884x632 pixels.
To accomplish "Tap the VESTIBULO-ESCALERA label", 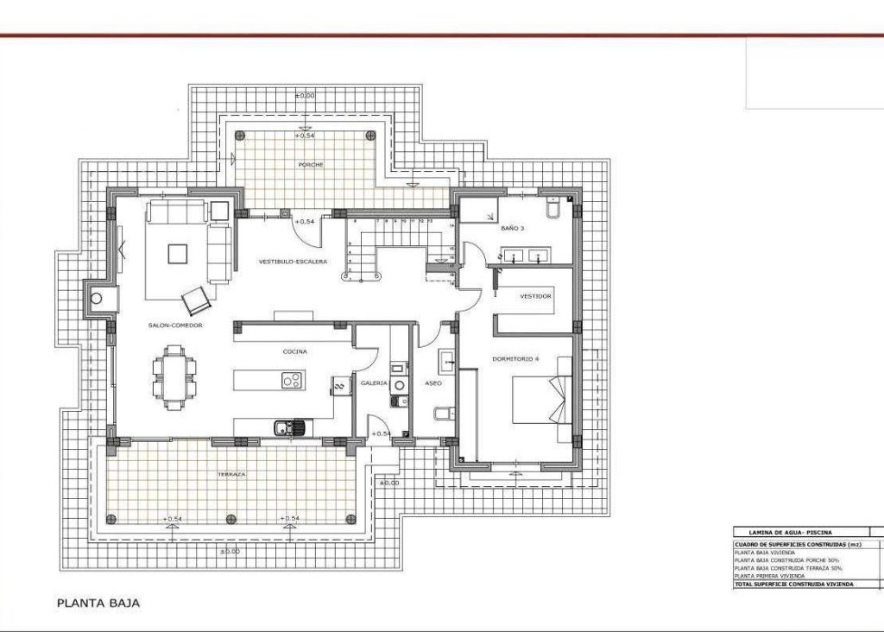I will (x=293, y=262).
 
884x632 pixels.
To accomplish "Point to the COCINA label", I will (x=295, y=352).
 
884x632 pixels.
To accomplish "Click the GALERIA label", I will (x=373, y=382).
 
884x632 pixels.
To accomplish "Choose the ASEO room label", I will (x=433, y=382).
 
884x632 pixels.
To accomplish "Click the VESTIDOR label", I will (x=535, y=296).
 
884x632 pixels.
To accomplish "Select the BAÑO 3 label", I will (x=511, y=229).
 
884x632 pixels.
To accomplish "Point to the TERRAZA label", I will (x=232, y=475).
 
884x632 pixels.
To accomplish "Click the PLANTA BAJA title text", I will (x=98, y=604).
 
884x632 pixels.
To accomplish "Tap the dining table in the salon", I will (x=174, y=378).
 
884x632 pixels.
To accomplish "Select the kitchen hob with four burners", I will (x=291, y=380).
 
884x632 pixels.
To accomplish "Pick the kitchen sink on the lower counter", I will (x=286, y=426).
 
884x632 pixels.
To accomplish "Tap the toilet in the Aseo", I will (x=440, y=414).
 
